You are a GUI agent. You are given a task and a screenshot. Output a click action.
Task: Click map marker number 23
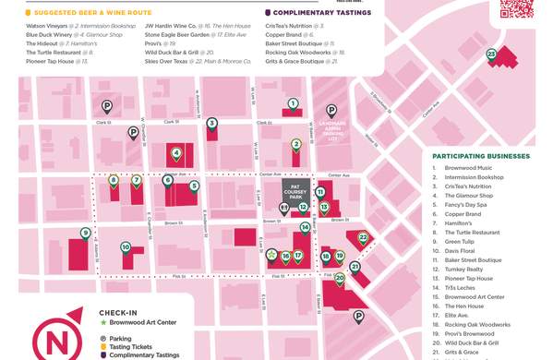(492, 55)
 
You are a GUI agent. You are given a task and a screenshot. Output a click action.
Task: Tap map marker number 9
(85, 233)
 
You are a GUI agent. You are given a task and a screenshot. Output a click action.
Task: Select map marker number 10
(126, 246)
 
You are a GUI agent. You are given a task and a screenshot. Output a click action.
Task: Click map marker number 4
(176, 152)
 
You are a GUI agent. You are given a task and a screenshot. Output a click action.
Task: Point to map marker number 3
(211, 123)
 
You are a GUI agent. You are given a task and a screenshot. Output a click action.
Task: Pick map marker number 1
(293, 103)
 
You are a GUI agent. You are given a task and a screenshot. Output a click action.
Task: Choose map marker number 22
(364, 237)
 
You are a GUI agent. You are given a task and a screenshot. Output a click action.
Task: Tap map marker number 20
(340, 277)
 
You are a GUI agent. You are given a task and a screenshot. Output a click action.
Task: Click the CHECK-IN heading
(118, 313)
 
